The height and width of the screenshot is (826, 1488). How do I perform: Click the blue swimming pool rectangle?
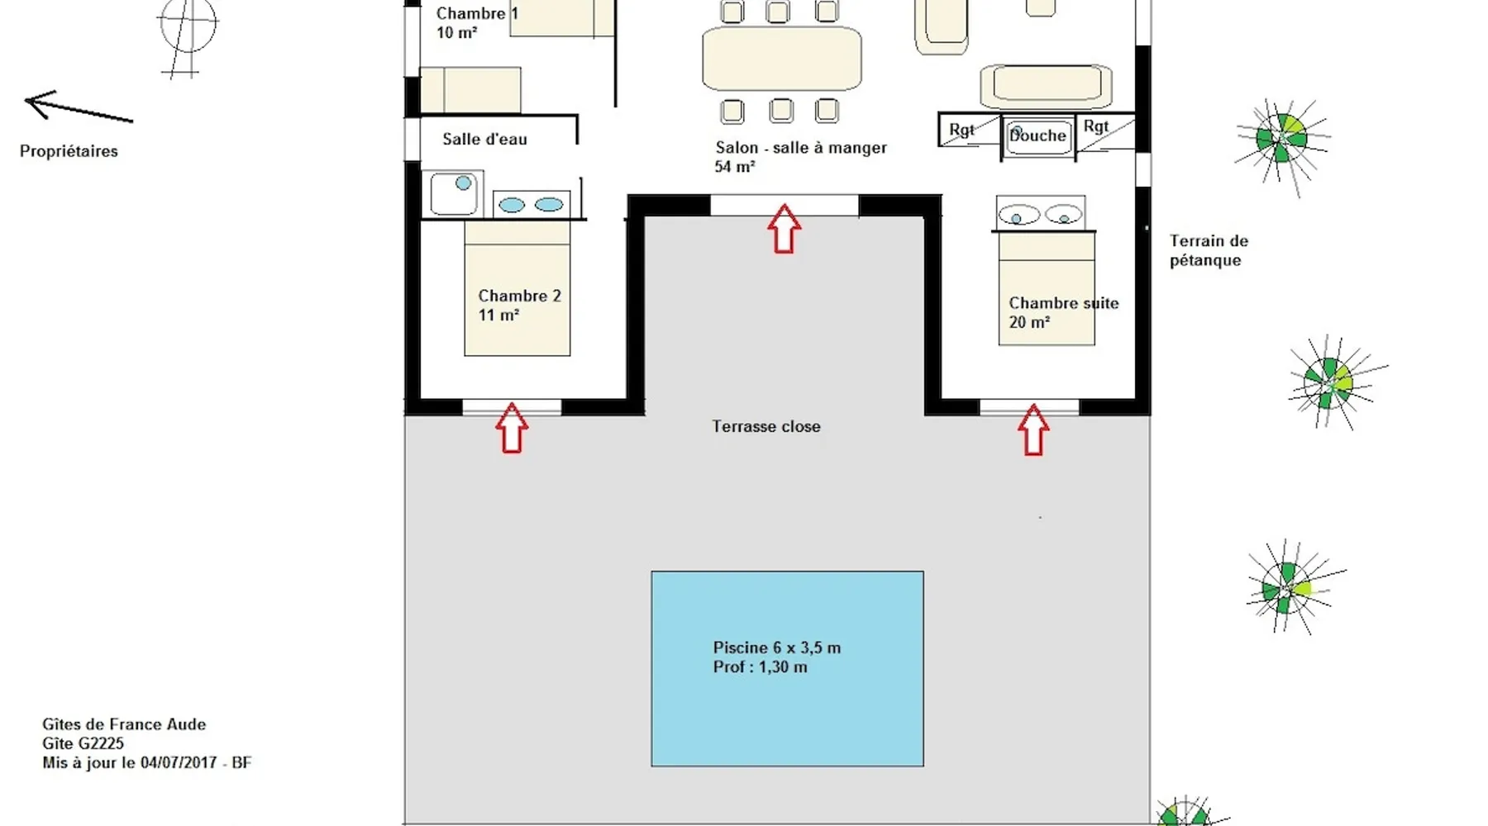(787, 668)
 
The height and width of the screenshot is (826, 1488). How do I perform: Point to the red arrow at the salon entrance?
(784, 229)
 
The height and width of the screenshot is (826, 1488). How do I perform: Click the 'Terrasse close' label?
(766, 426)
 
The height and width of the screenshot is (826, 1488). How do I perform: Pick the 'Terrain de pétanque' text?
(1208, 250)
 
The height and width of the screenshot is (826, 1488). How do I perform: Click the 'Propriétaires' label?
(69, 151)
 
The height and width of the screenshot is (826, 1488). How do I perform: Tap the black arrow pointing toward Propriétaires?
(78, 107)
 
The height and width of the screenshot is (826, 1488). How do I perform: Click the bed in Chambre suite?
(1047, 289)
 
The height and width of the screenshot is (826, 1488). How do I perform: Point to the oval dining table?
(781, 58)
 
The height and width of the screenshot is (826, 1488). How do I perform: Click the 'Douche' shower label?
(1037, 136)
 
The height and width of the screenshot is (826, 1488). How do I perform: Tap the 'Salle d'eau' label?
(484, 139)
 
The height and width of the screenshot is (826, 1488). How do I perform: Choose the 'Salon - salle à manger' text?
(800, 148)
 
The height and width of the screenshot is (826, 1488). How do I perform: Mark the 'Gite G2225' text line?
(83, 743)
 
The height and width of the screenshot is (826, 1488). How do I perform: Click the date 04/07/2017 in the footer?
(179, 762)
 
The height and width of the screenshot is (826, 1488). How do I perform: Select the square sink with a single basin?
(453, 192)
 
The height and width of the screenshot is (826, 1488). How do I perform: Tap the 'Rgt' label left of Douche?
(961, 130)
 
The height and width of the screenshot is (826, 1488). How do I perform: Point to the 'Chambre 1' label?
(476, 13)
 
